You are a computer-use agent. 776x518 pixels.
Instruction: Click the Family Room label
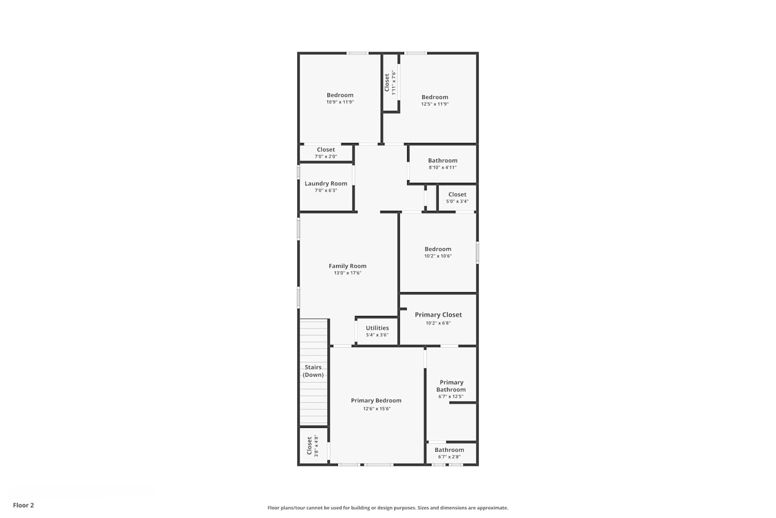pyautogui.click(x=348, y=266)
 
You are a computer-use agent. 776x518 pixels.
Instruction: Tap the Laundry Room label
pyautogui.click(x=325, y=183)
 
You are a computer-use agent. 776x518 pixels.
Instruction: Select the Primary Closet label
pyautogui.click(x=438, y=315)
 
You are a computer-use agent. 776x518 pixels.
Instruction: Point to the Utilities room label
pyautogui.click(x=377, y=328)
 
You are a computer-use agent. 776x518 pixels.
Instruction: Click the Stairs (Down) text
pyautogui.click(x=313, y=371)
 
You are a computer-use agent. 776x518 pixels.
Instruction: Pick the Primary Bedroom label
pyautogui.click(x=376, y=400)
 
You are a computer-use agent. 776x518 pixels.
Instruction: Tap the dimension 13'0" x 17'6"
pyautogui.click(x=348, y=273)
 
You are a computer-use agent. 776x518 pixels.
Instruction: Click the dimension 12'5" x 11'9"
pyautogui.click(x=435, y=104)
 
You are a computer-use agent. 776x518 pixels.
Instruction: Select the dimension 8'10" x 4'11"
pyautogui.click(x=443, y=168)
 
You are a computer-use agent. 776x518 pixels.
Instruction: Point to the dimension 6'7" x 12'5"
pyautogui.click(x=451, y=397)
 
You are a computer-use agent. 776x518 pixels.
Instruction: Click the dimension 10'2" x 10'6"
pyautogui.click(x=438, y=256)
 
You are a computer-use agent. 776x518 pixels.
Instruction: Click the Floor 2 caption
pyautogui.click(x=24, y=505)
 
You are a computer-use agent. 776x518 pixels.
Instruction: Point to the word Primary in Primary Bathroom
pyautogui.click(x=452, y=382)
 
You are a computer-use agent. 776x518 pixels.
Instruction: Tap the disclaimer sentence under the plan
pyautogui.click(x=387, y=508)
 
